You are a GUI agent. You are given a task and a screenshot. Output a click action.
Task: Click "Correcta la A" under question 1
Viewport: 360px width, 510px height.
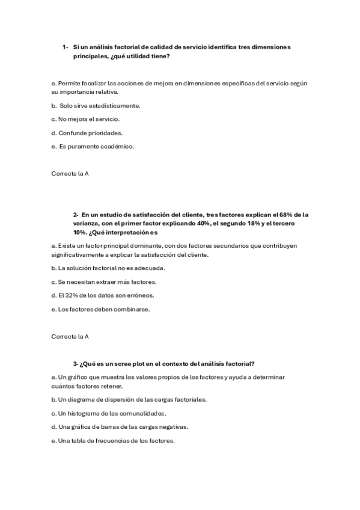tap(70, 174)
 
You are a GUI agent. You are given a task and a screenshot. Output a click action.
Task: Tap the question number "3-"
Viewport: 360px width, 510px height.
tap(76, 363)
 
